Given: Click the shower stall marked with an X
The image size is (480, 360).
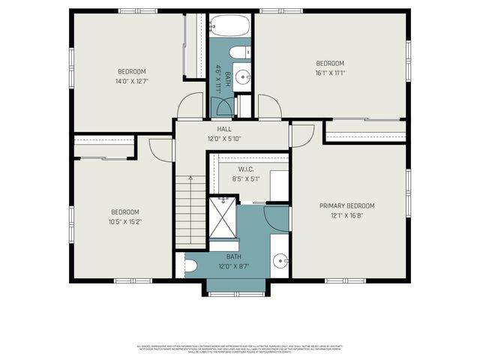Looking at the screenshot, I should pyautogui.click(x=223, y=217).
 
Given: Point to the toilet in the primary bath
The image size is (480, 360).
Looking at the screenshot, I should pyautogui.click(x=190, y=265).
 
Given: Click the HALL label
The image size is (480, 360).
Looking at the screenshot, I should pyautogui.click(x=224, y=129).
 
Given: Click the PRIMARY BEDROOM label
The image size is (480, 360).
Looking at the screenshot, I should pyautogui.click(x=346, y=205).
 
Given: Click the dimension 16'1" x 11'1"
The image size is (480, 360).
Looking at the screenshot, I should pyautogui.click(x=329, y=73).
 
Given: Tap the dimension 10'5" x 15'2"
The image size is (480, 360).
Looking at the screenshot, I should pyautogui.click(x=126, y=222).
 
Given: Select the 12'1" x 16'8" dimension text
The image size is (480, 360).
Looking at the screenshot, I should pyautogui.click(x=346, y=215).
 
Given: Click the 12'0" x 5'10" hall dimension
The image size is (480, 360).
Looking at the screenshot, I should pyautogui.click(x=224, y=139).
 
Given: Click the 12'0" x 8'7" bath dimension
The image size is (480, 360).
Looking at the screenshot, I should pyautogui.click(x=232, y=266).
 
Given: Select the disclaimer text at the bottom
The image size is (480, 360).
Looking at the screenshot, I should pyautogui.click(x=240, y=348).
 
